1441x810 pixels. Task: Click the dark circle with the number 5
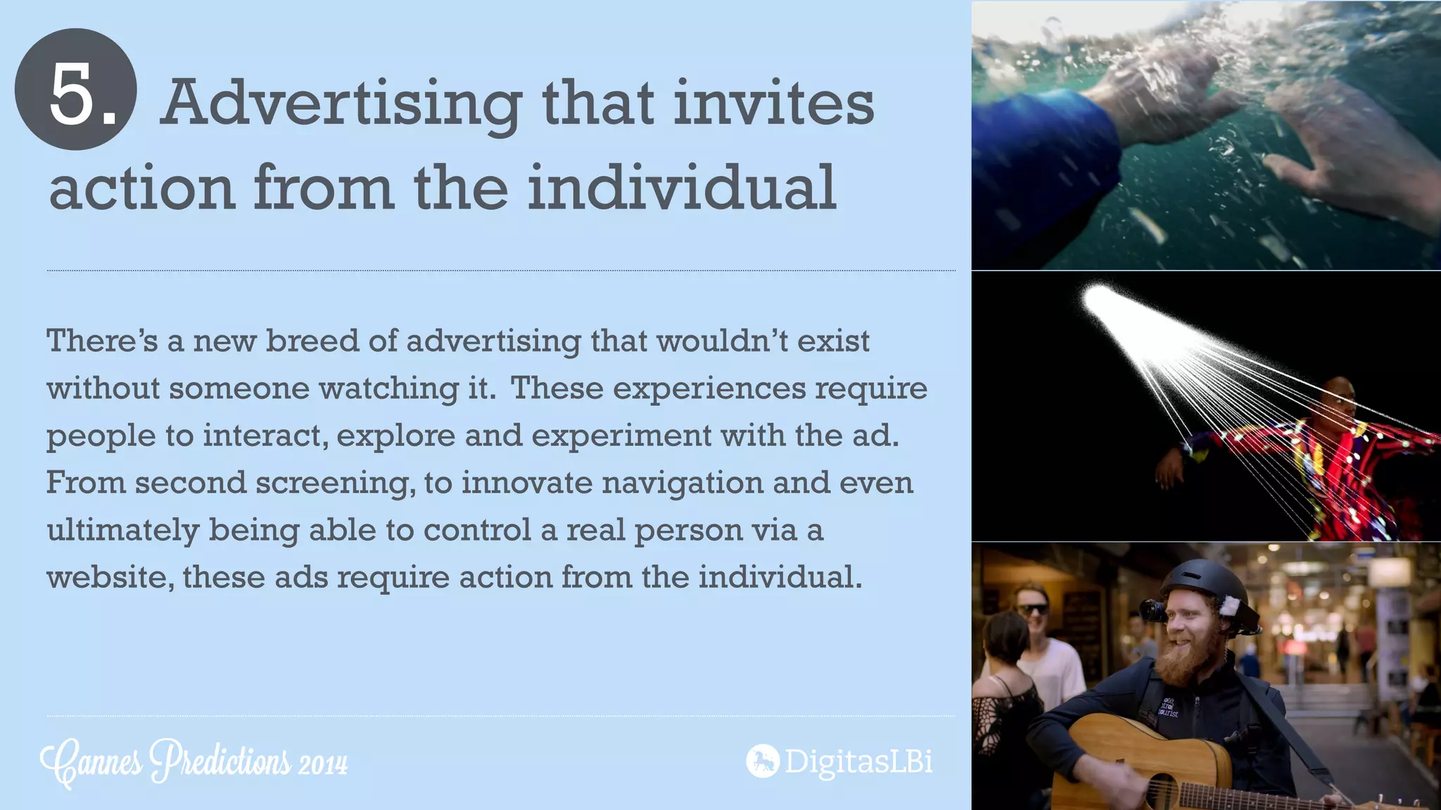pyautogui.click(x=75, y=89)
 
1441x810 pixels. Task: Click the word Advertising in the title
pyautogui.click(x=341, y=104)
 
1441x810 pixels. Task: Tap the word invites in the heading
pyautogui.click(x=773, y=103)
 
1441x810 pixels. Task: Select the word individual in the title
pyautogui.click(x=682, y=187)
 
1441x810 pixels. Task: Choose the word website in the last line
pyautogui.click(x=106, y=578)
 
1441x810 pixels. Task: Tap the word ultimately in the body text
pyautogui.click(x=122, y=531)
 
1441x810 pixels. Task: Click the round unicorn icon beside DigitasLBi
pyautogui.click(x=762, y=761)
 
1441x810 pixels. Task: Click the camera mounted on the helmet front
pyautogui.click(x=1153, y=610)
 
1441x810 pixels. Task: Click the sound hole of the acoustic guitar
pyautogui.click(x=1162, y=792)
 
